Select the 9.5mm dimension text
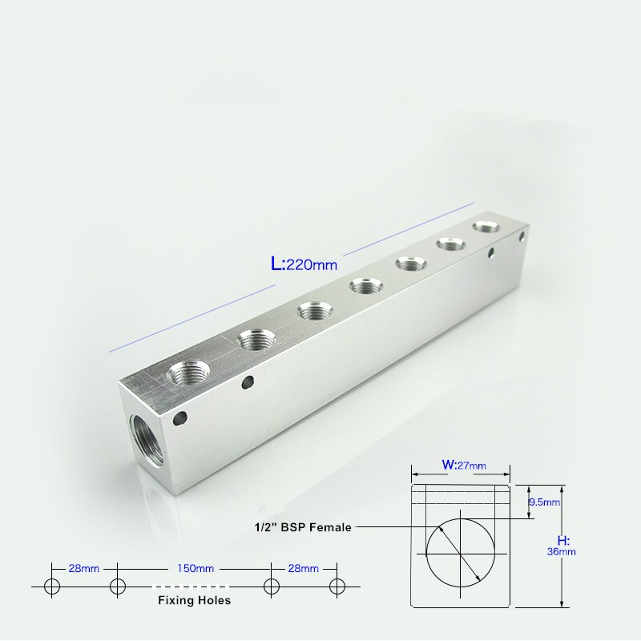[x=545, y=502]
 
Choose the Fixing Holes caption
[x=194, y=599]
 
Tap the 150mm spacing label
[x=196, y=568]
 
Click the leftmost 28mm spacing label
[x=84, y=568]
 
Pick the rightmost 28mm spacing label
[x=303, y=568]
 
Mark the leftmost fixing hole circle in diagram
[x=52, y=586]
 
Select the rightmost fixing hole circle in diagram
[x=337, y=586]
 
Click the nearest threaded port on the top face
[x=190, y=373]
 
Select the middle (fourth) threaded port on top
[x=365, y=287]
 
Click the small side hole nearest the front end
[x=181, y=417]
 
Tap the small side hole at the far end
[x=522, y=237]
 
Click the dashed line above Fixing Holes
[x=195, y=586]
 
